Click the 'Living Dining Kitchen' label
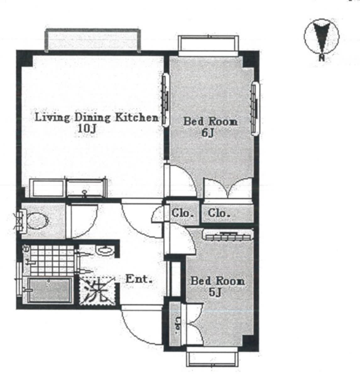click(x=96, y=117)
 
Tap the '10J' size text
click(x=87, y=128)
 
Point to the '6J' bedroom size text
click(x=208, y=133)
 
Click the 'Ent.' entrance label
click(x=139, y=279)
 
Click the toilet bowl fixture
click(x=38, y=221)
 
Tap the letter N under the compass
click(x=322, y=58)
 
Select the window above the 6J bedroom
click(x=208, y=45)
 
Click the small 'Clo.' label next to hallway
click(x=183, y=213)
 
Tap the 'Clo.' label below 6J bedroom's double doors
click(x=219, y=213)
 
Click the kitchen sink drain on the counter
click(x=85, y=192)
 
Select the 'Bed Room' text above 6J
click(x=210, y=122)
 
